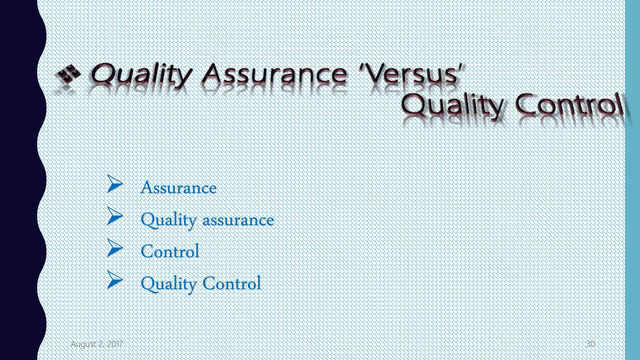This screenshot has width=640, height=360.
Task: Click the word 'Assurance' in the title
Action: click(274, 74)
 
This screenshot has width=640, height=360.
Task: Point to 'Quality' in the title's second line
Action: click(452, 105)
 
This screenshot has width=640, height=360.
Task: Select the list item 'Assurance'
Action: click(178, 187)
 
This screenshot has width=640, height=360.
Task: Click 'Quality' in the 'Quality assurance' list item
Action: click(168, 220)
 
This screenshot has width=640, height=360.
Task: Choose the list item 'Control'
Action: click(170, 251)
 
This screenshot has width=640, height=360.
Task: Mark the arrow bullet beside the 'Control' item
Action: click(115, 248)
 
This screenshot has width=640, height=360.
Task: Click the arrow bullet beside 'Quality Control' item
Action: click(115, 280)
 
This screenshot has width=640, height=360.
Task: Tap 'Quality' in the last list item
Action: click(168, 284)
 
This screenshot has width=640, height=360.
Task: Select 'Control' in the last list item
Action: click(232, 283)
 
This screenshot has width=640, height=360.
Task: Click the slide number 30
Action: click(590, 344)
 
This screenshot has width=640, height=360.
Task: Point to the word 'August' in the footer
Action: click(83, 344)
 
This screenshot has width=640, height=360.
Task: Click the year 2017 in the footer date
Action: click(115, 344)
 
